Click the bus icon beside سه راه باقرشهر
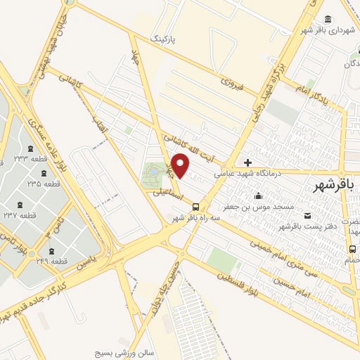[195, 207]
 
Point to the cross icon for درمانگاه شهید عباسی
[247, 162]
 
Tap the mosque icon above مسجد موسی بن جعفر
[259, 195]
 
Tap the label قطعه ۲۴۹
[54, 261]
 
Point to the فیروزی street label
[232, 84]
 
